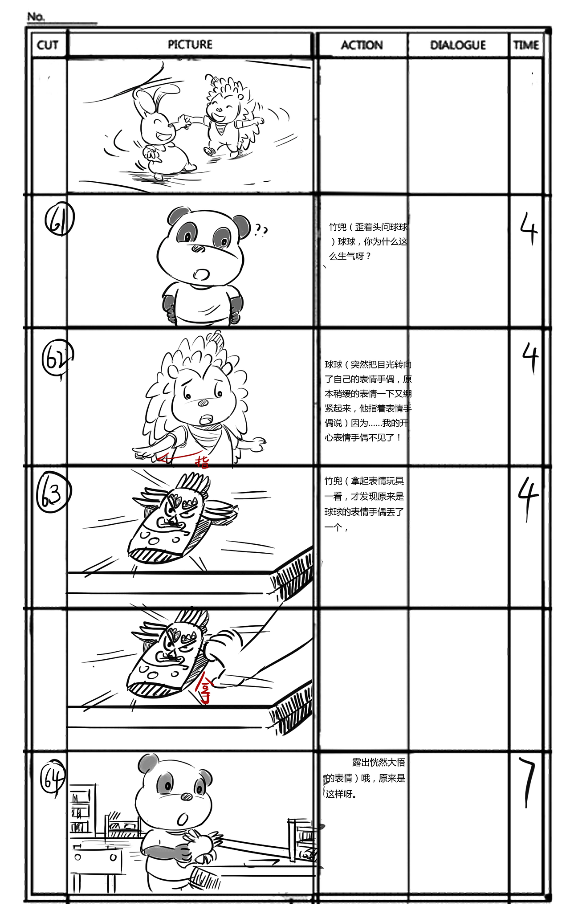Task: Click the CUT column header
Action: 48,45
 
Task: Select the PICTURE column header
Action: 190,45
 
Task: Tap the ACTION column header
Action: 362,45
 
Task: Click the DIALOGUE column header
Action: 458,45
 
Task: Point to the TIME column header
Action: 526,45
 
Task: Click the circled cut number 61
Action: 59,220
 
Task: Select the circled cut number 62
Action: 57,358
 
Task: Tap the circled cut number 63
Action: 53,493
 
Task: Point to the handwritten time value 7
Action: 528,782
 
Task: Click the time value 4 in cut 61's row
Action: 529,228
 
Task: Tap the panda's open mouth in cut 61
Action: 201,274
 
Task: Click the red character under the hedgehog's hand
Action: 202,461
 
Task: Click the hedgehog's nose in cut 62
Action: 203,403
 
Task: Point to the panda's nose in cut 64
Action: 187,797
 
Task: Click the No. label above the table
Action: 36,17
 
